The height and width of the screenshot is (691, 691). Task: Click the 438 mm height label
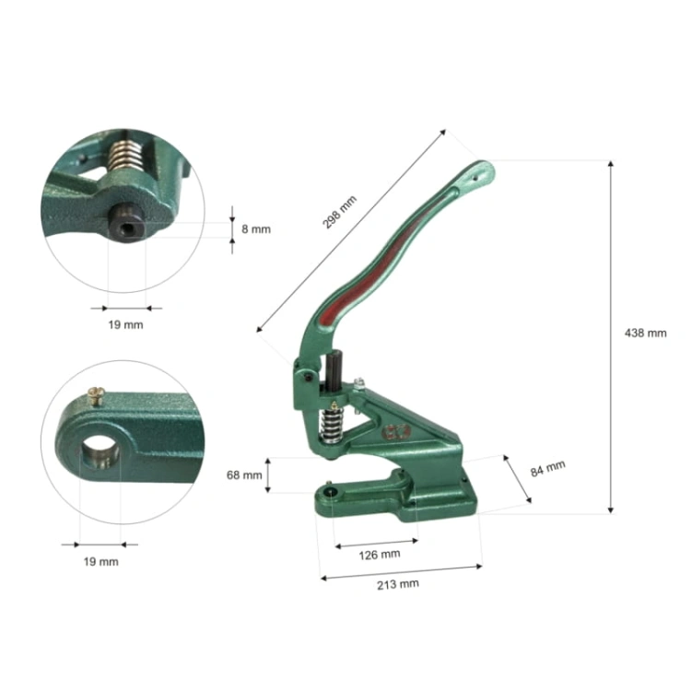645,334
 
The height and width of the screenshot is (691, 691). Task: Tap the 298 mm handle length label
339,212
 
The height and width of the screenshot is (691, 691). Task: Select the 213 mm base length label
397,584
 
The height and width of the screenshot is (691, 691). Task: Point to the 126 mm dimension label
380,555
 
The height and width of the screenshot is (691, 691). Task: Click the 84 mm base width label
548,468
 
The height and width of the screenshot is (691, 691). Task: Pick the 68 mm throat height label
244,475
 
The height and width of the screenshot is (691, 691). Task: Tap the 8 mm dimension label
256,229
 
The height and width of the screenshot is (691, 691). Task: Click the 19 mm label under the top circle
125,325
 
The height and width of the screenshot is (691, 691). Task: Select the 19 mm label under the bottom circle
101,562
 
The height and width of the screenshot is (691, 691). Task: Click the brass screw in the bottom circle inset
97,395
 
